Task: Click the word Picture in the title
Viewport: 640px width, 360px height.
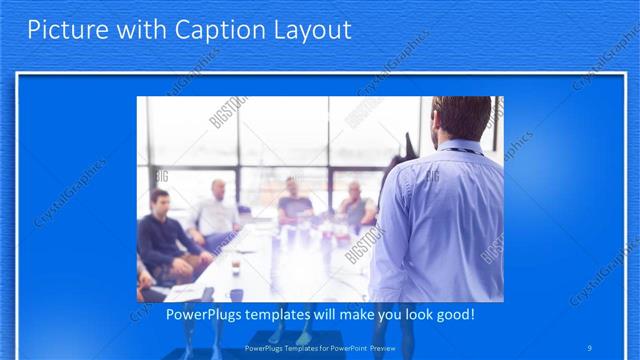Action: point(61,30)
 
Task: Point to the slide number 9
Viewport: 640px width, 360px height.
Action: point(591,348)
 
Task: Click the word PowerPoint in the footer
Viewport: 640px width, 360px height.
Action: point(346,348)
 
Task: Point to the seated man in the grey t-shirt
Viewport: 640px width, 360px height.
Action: point(295,202)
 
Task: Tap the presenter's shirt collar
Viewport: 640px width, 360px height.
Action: point(461,151)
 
